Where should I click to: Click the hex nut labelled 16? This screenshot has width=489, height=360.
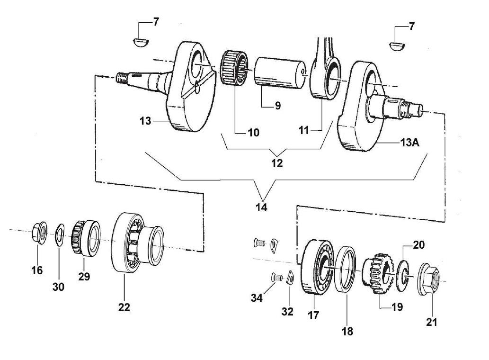coord(40,232)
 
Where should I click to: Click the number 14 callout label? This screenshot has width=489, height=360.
coord(261,207)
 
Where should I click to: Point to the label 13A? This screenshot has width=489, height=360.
coord(409,143)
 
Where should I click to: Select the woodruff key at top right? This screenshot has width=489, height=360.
coord(397,45)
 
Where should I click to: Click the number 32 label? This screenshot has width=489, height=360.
coord(287,312)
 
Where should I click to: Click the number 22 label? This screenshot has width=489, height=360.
coord(124,307)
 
